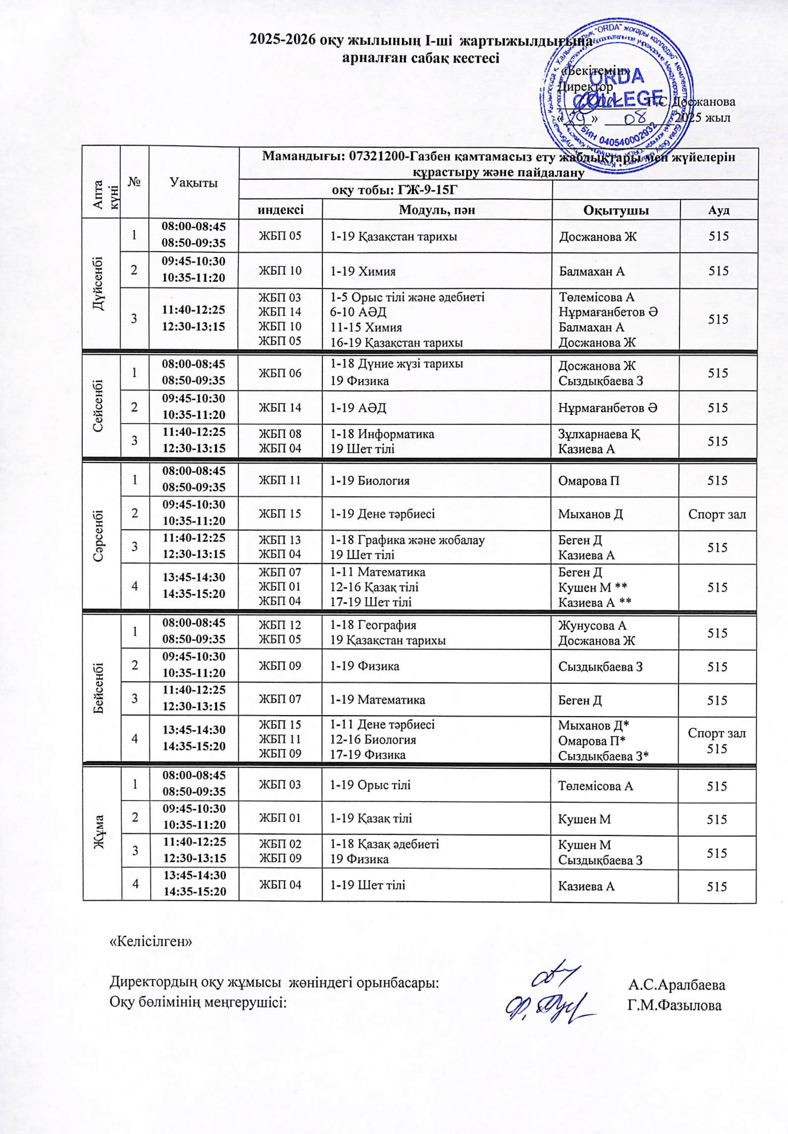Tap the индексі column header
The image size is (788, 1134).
tap(280, 210)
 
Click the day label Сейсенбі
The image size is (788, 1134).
tap(101, 406)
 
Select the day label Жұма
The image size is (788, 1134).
tap(101, 834)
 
